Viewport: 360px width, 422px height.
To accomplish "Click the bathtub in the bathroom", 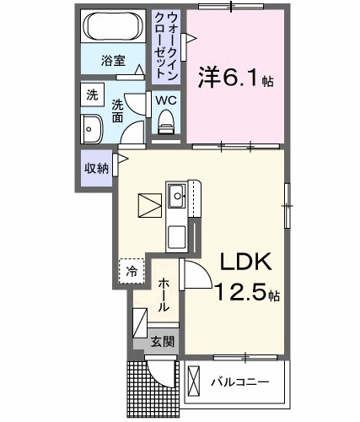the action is (113, 25).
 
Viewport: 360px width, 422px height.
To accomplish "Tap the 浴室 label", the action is (113, 61).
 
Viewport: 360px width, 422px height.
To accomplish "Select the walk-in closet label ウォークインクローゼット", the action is (166, 46).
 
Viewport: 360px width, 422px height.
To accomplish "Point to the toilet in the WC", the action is (166, 122).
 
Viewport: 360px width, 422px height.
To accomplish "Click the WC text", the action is (166, 100).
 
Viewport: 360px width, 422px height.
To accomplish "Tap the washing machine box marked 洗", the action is (92, 95).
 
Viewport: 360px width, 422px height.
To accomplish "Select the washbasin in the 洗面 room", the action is (92, 129).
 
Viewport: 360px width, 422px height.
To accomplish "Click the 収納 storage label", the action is (96, 168).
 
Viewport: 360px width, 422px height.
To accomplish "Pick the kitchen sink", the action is (177, 196).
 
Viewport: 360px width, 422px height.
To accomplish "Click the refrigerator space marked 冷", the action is (132, 271).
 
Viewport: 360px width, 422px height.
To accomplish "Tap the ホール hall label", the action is (164, 295).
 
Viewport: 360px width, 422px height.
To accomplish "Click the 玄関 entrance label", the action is (163, 342).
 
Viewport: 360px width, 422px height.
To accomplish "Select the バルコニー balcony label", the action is (240, 382).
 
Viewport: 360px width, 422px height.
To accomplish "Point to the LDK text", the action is (245, 262).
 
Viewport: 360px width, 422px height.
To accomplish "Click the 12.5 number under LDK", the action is (240, 291).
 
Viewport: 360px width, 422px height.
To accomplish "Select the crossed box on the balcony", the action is (194, 381).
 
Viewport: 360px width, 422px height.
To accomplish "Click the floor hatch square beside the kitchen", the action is (150, 206).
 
